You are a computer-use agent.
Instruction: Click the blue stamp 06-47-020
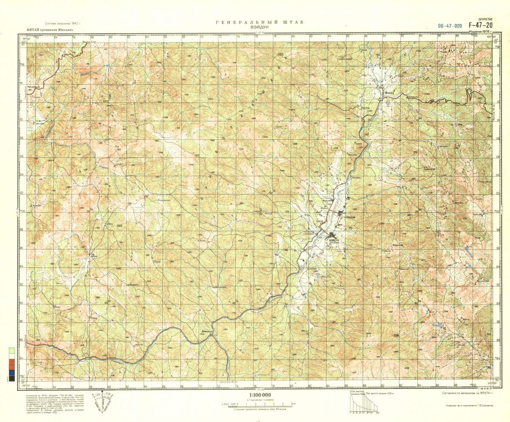(x=450, y=26)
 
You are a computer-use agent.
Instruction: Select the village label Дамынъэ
(x=207, y=331)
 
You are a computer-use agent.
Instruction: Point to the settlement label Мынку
(x=387, y=95)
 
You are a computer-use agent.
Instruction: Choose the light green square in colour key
(x=12, y=351)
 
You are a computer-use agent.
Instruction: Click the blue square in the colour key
(x=12, y=373)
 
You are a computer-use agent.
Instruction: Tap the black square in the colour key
(x=12, y=378)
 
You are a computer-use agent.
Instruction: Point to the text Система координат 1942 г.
(x=63, y=23)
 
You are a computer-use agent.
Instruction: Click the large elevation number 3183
(x=280, y=55)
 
